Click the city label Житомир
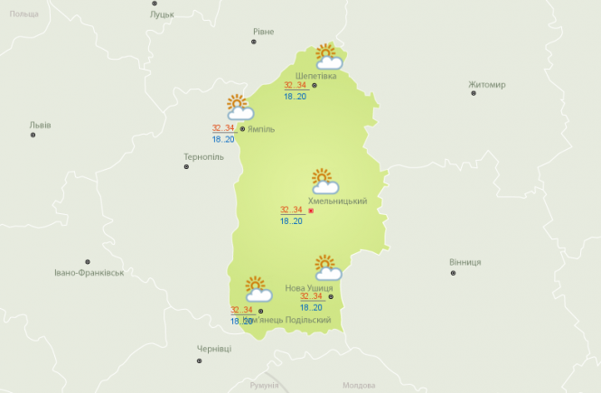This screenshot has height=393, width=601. (487, 85)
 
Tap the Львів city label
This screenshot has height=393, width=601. (41, 125)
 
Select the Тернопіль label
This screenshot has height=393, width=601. (202, 156)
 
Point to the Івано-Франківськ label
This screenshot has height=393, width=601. (88, 272)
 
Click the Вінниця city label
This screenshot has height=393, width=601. (465, 262)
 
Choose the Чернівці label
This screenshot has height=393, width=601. (214, 349)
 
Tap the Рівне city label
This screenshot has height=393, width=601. (263, 32)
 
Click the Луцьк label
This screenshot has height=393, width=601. (163, 15)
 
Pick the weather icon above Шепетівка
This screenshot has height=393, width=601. (327, 57)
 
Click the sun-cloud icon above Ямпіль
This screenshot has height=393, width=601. (239, 108)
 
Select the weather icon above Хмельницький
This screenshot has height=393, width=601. (324, 181)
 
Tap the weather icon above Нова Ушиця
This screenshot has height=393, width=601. (327, 267)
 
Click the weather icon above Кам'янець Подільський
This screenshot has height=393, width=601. (258, 288)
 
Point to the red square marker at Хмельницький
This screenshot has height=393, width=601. (311, 211)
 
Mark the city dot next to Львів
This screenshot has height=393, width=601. (33, 135)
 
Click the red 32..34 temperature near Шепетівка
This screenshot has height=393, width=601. (295, 86)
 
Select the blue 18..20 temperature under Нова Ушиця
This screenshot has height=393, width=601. (311, 307)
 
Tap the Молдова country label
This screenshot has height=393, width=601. (359, 385)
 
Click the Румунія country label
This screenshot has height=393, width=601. (266, 385)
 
